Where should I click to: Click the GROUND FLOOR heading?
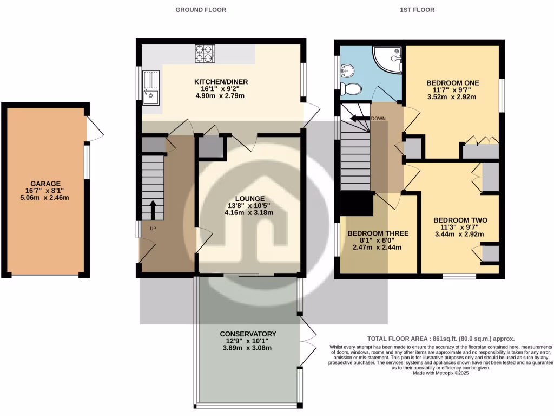pos(201,10)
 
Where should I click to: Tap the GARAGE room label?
pos(45,184)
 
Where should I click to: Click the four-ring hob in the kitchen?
pos(205,54)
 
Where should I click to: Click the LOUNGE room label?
pos(249,198)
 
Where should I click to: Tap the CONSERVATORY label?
pos(248,334)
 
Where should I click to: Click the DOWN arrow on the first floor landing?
pos(360,118)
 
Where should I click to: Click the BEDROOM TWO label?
pos(460,220)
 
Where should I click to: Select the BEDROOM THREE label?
pos(377,233)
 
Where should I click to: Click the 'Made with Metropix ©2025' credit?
pos(440,373)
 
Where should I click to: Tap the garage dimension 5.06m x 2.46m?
pos(45,198)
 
